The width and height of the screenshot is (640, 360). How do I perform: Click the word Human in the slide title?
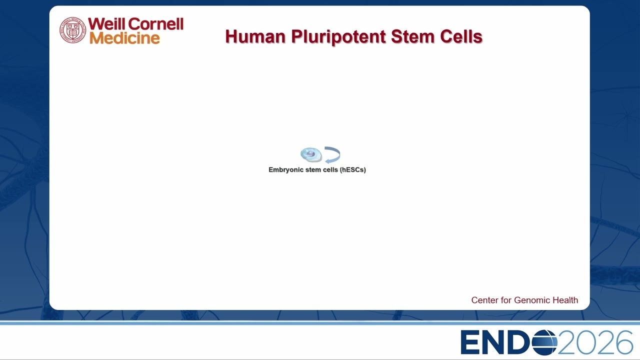coord(255,36)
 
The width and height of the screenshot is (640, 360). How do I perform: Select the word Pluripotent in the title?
coord(338,37)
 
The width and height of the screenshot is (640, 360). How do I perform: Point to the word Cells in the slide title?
coord(461,36)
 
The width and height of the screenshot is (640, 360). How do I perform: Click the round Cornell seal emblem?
coord(72,30)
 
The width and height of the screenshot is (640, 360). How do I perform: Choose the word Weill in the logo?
coord(106,23)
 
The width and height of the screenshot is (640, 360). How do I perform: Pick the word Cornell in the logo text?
coord(155,23)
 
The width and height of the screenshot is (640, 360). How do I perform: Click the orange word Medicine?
coord(124,38)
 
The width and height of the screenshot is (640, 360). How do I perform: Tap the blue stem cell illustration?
coord(311,154)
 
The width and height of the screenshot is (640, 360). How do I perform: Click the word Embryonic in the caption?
coord(285,169)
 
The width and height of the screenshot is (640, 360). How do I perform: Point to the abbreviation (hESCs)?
coord(353,169)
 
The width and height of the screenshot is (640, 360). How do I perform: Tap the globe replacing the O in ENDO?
coord(544,342)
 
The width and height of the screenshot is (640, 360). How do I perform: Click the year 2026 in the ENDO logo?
coord(595,342)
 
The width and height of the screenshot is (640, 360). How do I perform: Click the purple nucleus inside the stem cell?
coord(310,154)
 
